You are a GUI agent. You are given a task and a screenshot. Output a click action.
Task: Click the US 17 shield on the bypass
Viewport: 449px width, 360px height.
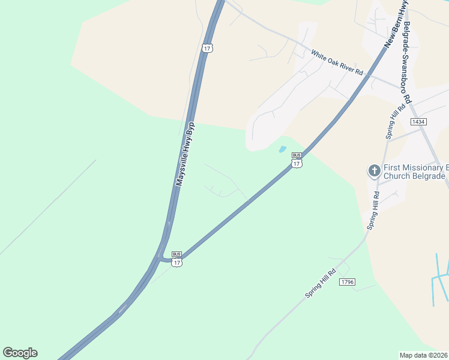207,47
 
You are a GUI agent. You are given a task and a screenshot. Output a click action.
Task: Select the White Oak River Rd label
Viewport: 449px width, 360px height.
337,62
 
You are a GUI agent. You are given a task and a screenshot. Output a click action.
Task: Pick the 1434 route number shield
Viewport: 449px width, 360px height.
418,122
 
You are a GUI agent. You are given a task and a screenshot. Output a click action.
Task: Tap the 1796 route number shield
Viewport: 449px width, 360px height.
346,282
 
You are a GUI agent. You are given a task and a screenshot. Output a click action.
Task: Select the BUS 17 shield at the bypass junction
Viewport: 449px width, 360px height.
176,259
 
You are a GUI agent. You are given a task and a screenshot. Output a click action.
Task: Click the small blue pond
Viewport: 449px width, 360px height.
282,149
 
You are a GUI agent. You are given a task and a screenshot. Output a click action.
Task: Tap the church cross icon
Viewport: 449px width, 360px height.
374,171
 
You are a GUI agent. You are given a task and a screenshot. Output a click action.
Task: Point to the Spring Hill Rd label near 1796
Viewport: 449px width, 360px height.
322,283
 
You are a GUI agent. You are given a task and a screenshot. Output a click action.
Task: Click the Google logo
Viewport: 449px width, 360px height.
20,353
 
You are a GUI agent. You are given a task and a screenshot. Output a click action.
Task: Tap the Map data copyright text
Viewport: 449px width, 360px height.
423,355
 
